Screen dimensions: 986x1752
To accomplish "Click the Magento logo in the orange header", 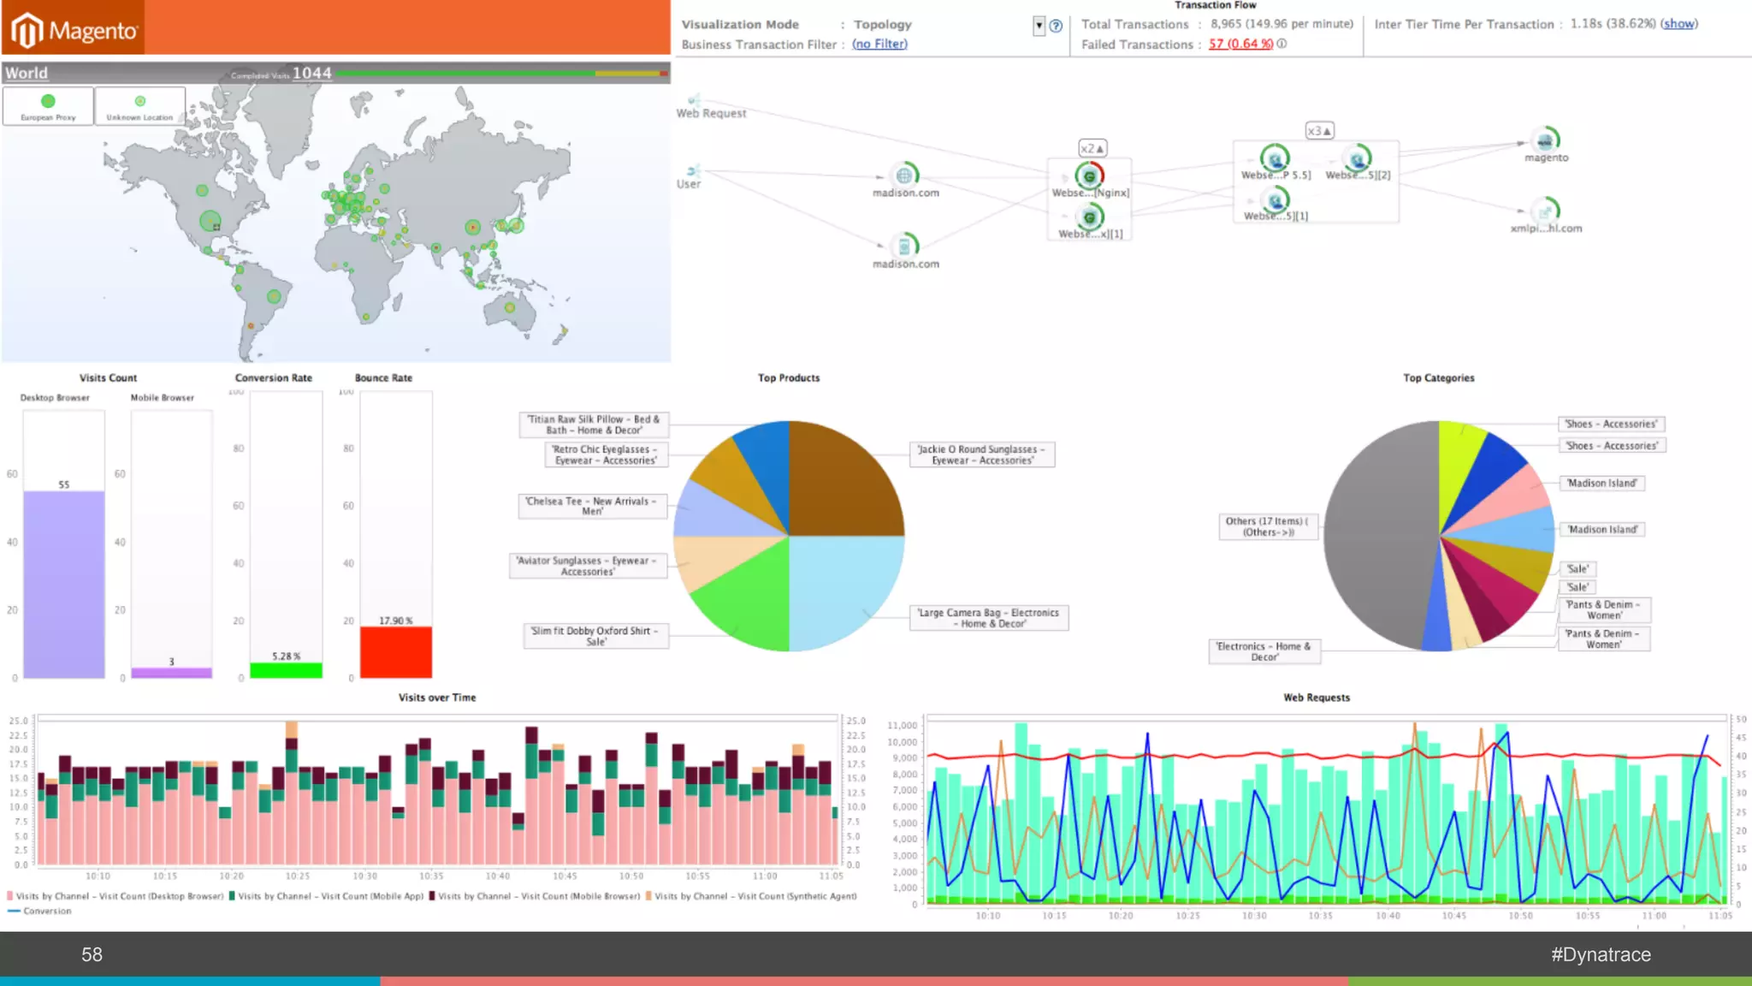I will (x=74, y=30).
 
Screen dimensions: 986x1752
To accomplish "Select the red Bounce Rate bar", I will (x=395, y=652).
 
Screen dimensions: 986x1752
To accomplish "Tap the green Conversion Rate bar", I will (x=286, y=670).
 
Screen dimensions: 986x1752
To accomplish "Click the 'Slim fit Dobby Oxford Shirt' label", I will (x=595, y=636).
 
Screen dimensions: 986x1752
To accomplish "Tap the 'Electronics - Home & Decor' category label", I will (x=1264, y=651).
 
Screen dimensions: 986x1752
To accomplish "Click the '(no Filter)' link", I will (x=879, y=45).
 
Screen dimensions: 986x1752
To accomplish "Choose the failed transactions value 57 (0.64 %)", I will (x=1240, y=45).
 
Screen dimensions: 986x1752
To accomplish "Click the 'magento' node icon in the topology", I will (x=1546, y=140).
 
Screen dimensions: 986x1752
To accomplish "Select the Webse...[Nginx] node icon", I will (x=1089, y=175).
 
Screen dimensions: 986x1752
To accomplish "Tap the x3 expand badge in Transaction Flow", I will (x=1319, y=131).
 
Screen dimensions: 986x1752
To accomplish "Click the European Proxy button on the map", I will (x=48, y=107).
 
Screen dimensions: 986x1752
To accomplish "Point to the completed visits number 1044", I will (x=311, y=74).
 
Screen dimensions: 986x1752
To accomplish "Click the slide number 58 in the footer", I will (x=92, y=954).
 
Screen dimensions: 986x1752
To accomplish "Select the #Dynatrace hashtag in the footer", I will (x=1601, y=954).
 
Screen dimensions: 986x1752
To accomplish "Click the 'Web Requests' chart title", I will (x=1316, y=698).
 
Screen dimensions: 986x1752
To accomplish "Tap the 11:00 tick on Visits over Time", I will (x=765, y=876).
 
